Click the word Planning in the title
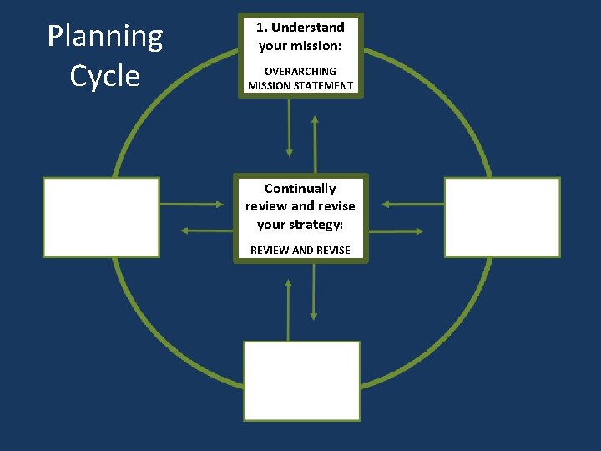tap(105, 37)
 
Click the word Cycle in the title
tap(105, 76)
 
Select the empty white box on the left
tap(101, 217)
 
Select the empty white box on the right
tap(502, 217)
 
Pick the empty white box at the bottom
tap(301, 380)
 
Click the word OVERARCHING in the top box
tap(300, 71)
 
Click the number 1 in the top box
tap(260, 28)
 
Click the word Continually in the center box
tap(300, 189)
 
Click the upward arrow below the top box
tap(315, 142)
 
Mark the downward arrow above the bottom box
tap(314, 292)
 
